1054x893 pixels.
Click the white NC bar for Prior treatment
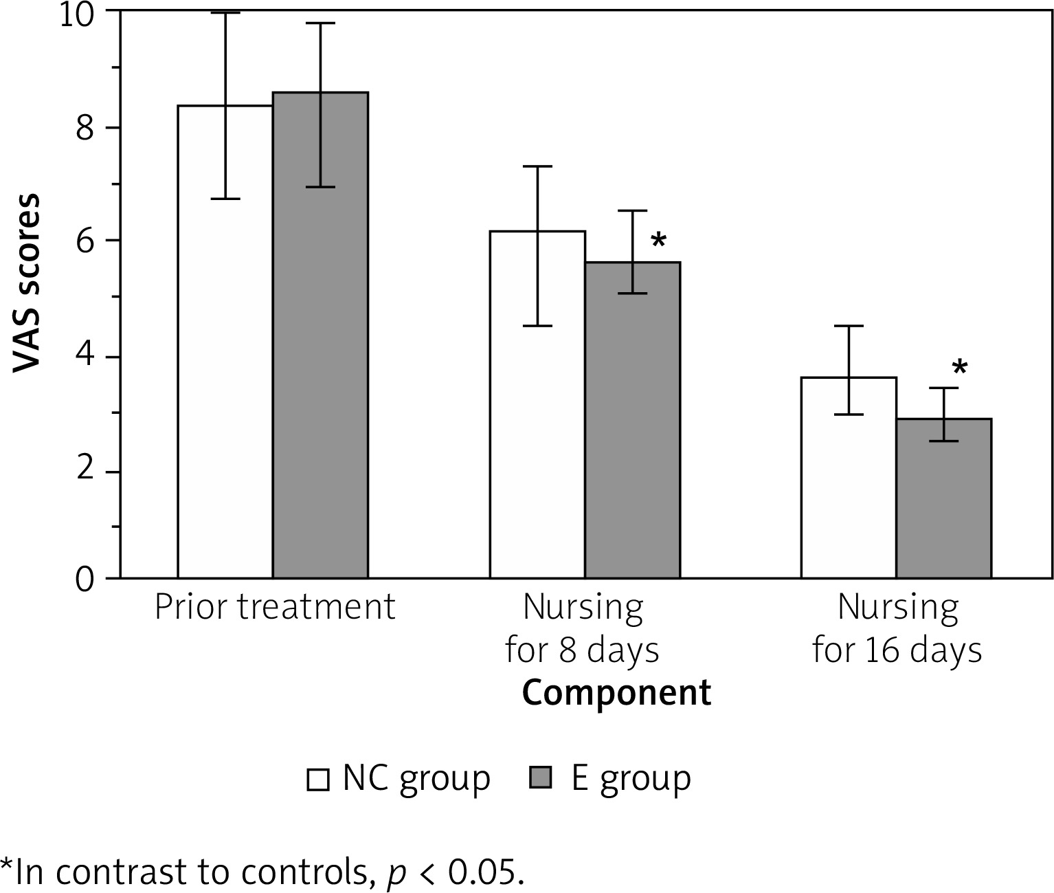[225, 344]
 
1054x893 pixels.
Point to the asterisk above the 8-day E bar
[658, 241]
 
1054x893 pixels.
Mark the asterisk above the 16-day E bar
[960, 368]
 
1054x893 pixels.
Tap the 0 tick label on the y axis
[85, 579]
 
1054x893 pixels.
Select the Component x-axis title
[616, 693]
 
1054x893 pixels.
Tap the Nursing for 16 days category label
[897, 628]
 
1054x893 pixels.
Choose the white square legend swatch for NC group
[318, 780]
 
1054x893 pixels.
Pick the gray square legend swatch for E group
[541, 778]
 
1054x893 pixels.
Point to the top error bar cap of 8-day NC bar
[537, 166]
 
